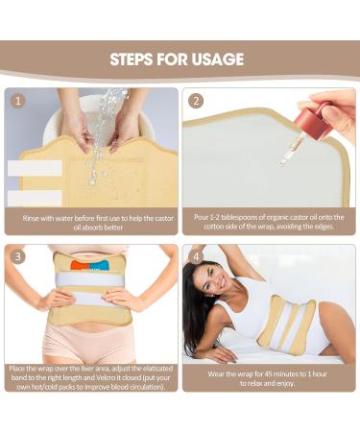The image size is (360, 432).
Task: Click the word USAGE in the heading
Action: coord(217,60)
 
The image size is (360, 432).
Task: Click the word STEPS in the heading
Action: coord(132,60)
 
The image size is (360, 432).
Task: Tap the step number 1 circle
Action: coord(18,101)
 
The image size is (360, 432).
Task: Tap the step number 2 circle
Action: coord(196,101)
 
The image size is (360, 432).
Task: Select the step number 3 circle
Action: coord(18,256)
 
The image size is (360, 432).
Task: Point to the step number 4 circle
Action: coord(196,256)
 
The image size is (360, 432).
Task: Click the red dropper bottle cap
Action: coord(313,123)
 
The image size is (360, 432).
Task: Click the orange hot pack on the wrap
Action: coord(80,265)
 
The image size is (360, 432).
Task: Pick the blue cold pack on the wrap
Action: coord(99,265)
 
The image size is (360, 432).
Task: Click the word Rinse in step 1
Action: coord(31,218)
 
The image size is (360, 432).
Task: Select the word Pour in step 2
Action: coord(201,217)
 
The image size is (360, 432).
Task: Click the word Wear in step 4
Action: coord(215,373)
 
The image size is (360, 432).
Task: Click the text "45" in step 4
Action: coord(262,373)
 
